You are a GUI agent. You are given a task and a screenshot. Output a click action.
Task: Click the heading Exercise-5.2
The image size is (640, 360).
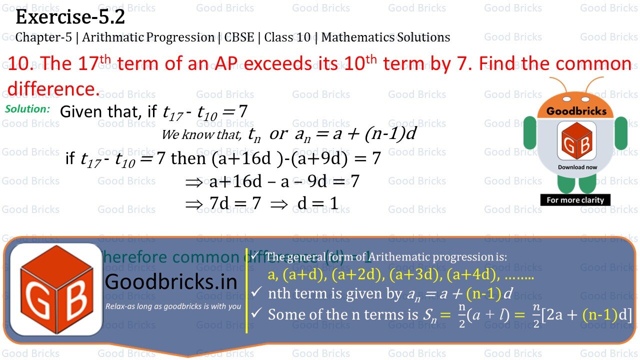click(x=70, y=17)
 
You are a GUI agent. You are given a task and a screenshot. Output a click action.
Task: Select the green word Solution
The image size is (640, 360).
click(x=27, y=108)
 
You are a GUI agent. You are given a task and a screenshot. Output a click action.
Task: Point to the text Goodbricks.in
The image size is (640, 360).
click(x=171, y=282)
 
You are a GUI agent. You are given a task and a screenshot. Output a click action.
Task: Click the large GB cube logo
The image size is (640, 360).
click(x=56, y=289)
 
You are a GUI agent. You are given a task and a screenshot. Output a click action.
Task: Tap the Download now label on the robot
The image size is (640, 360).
click(x=577, y=167)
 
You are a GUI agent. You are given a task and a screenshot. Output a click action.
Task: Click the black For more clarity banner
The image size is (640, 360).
click(x=575, y=200)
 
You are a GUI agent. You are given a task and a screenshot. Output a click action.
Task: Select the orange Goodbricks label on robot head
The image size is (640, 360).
click(x=576, y=111)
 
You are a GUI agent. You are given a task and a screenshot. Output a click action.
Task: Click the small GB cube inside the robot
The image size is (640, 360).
click(x=577, y=143)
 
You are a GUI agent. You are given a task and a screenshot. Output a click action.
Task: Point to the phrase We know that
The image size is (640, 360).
click(x=201, y=134)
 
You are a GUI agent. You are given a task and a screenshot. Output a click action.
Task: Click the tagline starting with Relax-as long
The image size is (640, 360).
click(x=173, y=306)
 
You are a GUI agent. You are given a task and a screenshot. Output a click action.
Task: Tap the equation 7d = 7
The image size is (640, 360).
click(x=233, y=202)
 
